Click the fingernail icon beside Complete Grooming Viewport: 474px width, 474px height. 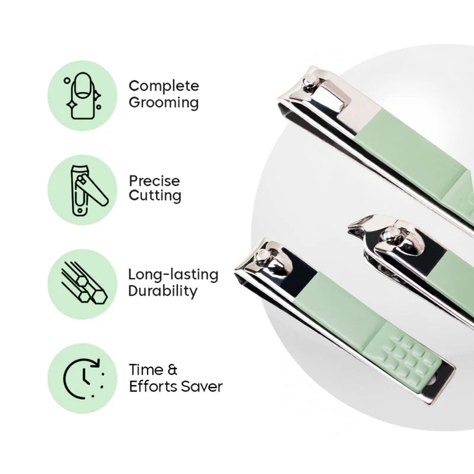pos(82,95)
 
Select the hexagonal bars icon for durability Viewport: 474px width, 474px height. pos(82,284)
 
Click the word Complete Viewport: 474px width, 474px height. pos(164,86)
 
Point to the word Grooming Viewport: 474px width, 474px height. pos(164,103)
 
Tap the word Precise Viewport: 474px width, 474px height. pos(154,181)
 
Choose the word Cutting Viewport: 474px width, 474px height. pos(155,196)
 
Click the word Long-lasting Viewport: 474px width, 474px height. pos(173,275)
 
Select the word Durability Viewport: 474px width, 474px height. pos(162,290)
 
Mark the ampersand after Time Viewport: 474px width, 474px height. pos(172,370)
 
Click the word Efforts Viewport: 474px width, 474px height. pos(151,387)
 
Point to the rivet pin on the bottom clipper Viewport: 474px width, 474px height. pos(261,255)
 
